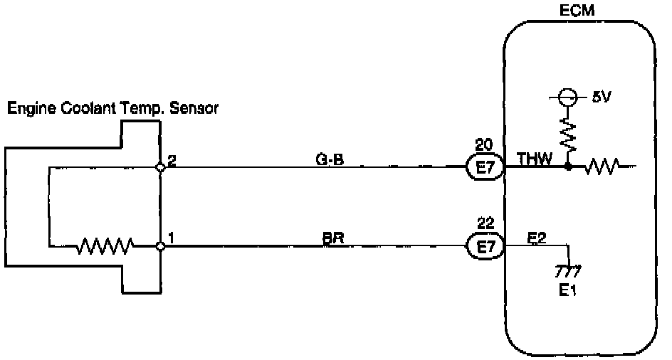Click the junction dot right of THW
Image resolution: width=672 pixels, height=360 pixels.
(568, 168)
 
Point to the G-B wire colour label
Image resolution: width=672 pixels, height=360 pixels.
(330, 160)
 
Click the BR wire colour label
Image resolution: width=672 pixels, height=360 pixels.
(333, 239)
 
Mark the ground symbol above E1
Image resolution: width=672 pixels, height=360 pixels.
(569, 270)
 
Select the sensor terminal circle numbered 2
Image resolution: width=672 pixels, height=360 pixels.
(161, 168)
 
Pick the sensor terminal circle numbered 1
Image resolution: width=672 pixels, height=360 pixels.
(161, 246)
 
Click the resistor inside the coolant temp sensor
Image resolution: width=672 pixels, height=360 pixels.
(105, 247)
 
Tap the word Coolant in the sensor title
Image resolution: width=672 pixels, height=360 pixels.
(89, 109)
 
